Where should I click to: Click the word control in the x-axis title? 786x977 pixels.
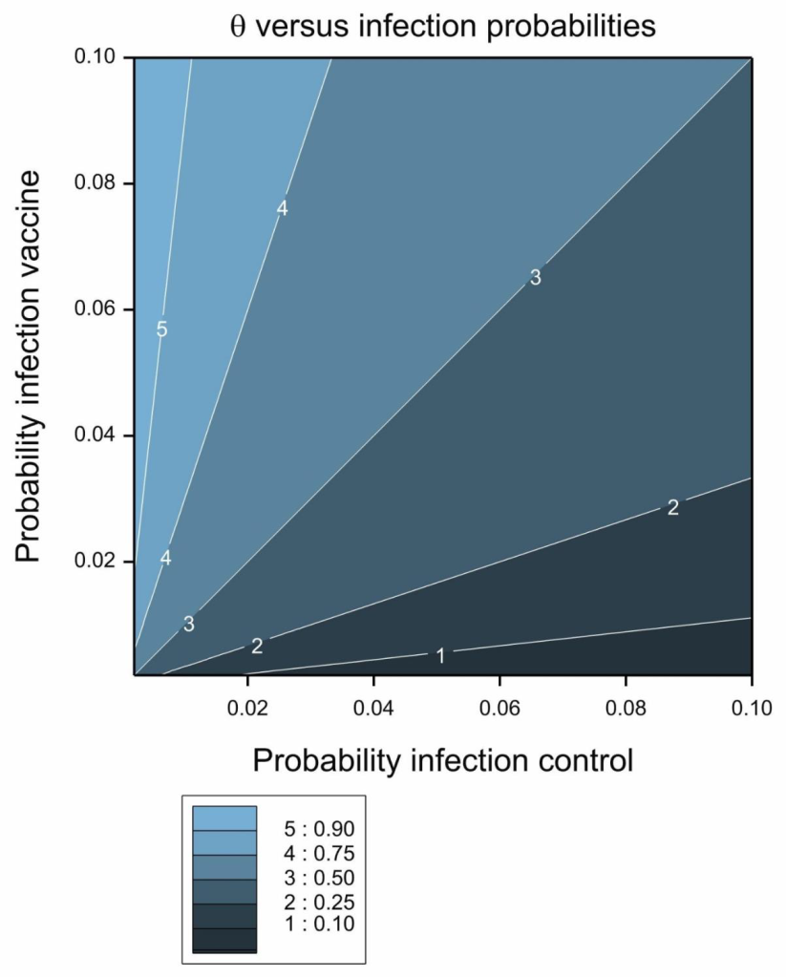pyautogui.click(x=577, y=760)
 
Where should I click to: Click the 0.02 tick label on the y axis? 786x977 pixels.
pyautogui.click(x=96, y=561)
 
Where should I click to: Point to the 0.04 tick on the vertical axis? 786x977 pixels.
pyautogui.click(x=96, y=435)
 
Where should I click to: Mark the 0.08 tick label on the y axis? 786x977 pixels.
pyautogui.click(x=96, y=182)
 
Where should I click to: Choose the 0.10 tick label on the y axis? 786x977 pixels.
pyautogui.click(x=96, y=57)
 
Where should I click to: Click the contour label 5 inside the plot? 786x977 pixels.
pyautogui.click(x=161, y=329)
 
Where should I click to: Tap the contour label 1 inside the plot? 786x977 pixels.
pyautogui.click(x=440, y=655)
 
